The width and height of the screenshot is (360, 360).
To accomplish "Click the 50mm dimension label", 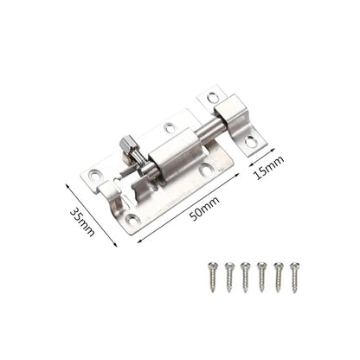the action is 204,208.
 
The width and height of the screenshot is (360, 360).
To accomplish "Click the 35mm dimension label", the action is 82,222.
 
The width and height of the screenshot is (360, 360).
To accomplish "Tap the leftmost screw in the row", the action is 212,277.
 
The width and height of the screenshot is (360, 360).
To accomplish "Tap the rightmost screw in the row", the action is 294,278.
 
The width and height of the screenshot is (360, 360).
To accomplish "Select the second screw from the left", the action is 229,278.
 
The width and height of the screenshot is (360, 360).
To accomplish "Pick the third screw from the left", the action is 245,278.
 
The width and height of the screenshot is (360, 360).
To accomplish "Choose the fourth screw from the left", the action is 261,278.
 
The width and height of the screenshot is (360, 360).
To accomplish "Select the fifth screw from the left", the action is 278,278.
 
